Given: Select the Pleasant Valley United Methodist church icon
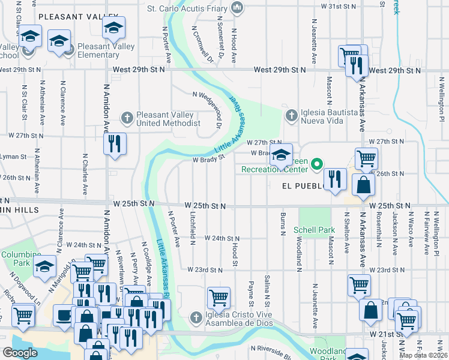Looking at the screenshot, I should tap(127, 118).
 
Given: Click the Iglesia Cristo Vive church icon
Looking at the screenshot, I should tap(195, 317).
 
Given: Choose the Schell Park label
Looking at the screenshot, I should tap(314, 230).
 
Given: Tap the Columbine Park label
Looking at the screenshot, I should tap(16, 259).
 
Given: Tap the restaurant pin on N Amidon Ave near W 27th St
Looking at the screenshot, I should tap(113, 144).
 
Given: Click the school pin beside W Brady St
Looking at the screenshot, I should tap(280, 155).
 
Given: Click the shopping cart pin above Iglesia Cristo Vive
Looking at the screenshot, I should tap(218, 297).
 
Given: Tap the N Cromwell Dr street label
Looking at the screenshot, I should tap(202, 43).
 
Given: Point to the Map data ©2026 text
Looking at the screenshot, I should tap(423, 355).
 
